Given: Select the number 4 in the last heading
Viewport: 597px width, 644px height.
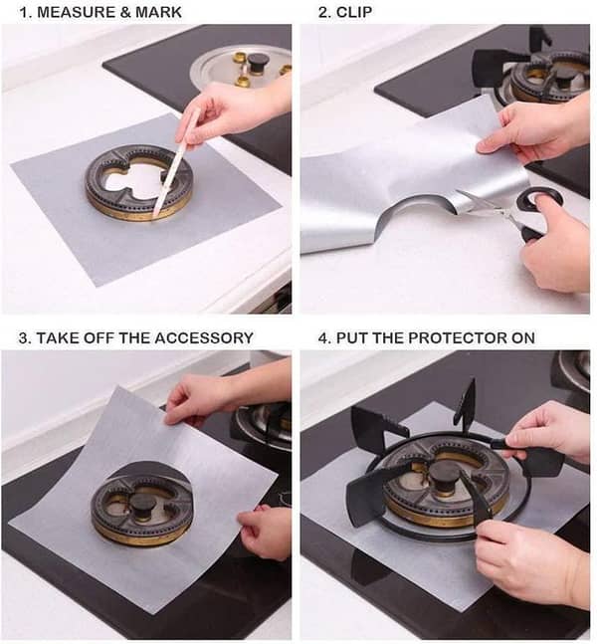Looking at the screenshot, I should pyautogui.click(x=322, y=337).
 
